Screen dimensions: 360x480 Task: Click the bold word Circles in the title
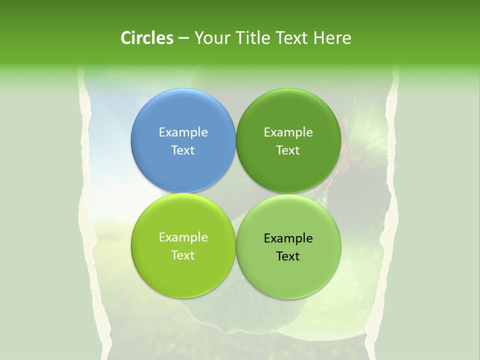(x=147, y=38)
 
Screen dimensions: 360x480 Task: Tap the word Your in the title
(x=210, y=38)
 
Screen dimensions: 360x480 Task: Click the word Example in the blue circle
(x=183, y=132)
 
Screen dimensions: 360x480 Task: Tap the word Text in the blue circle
(x=183, y=150)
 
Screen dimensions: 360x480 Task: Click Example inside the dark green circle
(x=288, y=132)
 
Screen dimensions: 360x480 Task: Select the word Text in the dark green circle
(x=288, y=150)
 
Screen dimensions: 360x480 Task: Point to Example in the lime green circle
(x=183, y=237)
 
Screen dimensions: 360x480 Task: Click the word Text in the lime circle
(x=183, y=255)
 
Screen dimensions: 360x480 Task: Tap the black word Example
(x=288, y=238)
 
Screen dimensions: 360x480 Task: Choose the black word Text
(x=288, y=256)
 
